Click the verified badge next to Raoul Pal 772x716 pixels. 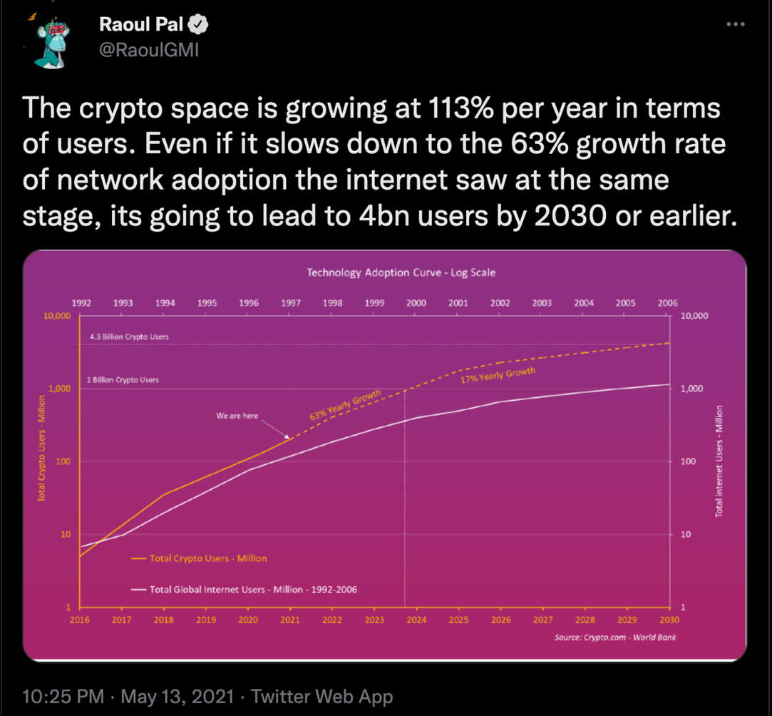click(198, 25)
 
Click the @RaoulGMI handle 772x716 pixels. click(149, 50)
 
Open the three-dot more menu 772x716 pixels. click(736, 24)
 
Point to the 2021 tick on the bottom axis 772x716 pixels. click(290, 620)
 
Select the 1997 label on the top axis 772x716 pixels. click(291, 303)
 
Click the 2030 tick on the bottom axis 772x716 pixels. click(669, 620)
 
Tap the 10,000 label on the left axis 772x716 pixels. click(58, 316)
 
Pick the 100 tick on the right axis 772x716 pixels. click(689, 461)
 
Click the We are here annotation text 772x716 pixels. click(237, 416)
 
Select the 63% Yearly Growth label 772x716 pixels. click(345, 405)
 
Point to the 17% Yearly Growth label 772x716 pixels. click(498, 375)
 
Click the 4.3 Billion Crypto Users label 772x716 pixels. click(129, 337)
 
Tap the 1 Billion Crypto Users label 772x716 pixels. click(123, 379)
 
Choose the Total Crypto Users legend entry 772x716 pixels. click(199, 558)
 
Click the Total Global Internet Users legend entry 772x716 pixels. click(245, 590)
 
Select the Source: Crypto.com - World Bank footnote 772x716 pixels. click(615, 638)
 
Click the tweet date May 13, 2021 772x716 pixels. click(177, 696)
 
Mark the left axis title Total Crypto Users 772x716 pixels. click(42, 449)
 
